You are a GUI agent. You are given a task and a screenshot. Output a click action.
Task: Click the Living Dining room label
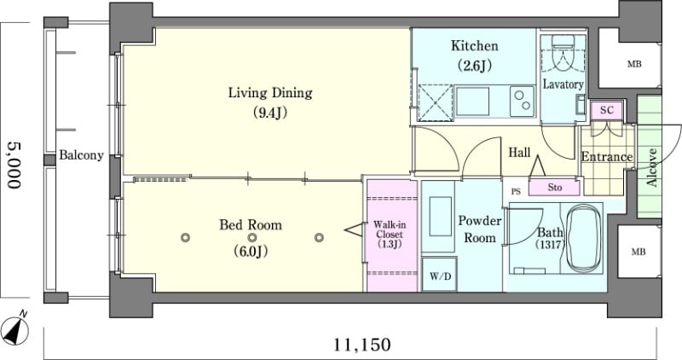270,93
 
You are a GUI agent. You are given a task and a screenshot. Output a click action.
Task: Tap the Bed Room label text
251,224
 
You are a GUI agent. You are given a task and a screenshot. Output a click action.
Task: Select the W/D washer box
440,274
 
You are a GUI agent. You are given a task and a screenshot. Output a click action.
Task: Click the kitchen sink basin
472,101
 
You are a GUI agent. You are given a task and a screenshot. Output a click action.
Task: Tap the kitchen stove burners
522,101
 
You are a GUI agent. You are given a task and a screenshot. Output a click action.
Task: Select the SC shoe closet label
606,110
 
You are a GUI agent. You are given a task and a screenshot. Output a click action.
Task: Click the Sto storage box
554,188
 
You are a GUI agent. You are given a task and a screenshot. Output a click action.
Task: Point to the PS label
516,191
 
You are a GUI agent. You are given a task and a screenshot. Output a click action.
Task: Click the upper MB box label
633,65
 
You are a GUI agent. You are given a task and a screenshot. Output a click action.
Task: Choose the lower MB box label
638,252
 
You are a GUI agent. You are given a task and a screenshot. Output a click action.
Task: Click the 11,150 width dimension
361,345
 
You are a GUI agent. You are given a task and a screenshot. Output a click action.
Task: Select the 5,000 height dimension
14,165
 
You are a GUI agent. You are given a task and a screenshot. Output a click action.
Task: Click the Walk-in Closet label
390,235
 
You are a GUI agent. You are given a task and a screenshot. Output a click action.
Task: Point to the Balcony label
81,155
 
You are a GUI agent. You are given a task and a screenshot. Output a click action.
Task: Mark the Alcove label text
651,167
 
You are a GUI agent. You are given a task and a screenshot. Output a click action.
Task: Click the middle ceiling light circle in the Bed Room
252,238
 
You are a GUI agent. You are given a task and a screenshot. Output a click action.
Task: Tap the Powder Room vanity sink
440,217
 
